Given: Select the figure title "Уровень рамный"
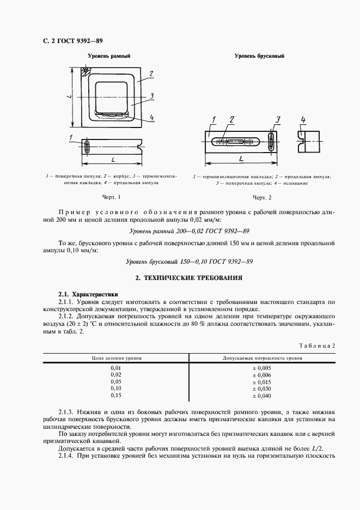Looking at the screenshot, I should pyautogui.click(x=109, y=56).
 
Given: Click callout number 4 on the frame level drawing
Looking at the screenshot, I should pyautogui.click(x=151, y=118).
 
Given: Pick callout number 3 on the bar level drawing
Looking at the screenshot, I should pyautogui.click(x=277, y=120).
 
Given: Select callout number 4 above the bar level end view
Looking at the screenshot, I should pyautogui.click(x=303, y=120).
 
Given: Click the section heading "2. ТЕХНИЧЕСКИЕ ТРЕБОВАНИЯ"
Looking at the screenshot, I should pyautogui.click(x=189, y=278).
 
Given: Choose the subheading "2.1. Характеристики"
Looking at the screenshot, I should pyautogui.click(x=83, y=293).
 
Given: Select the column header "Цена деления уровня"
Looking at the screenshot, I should pyautogui.click(x=116, y=359).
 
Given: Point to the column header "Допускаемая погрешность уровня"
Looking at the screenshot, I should pyautogui.click(x=263, y=359).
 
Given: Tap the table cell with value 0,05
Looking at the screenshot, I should pyautogui.click(x=116, y=382).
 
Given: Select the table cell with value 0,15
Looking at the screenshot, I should pyautogui.click(x=116, y=396).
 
